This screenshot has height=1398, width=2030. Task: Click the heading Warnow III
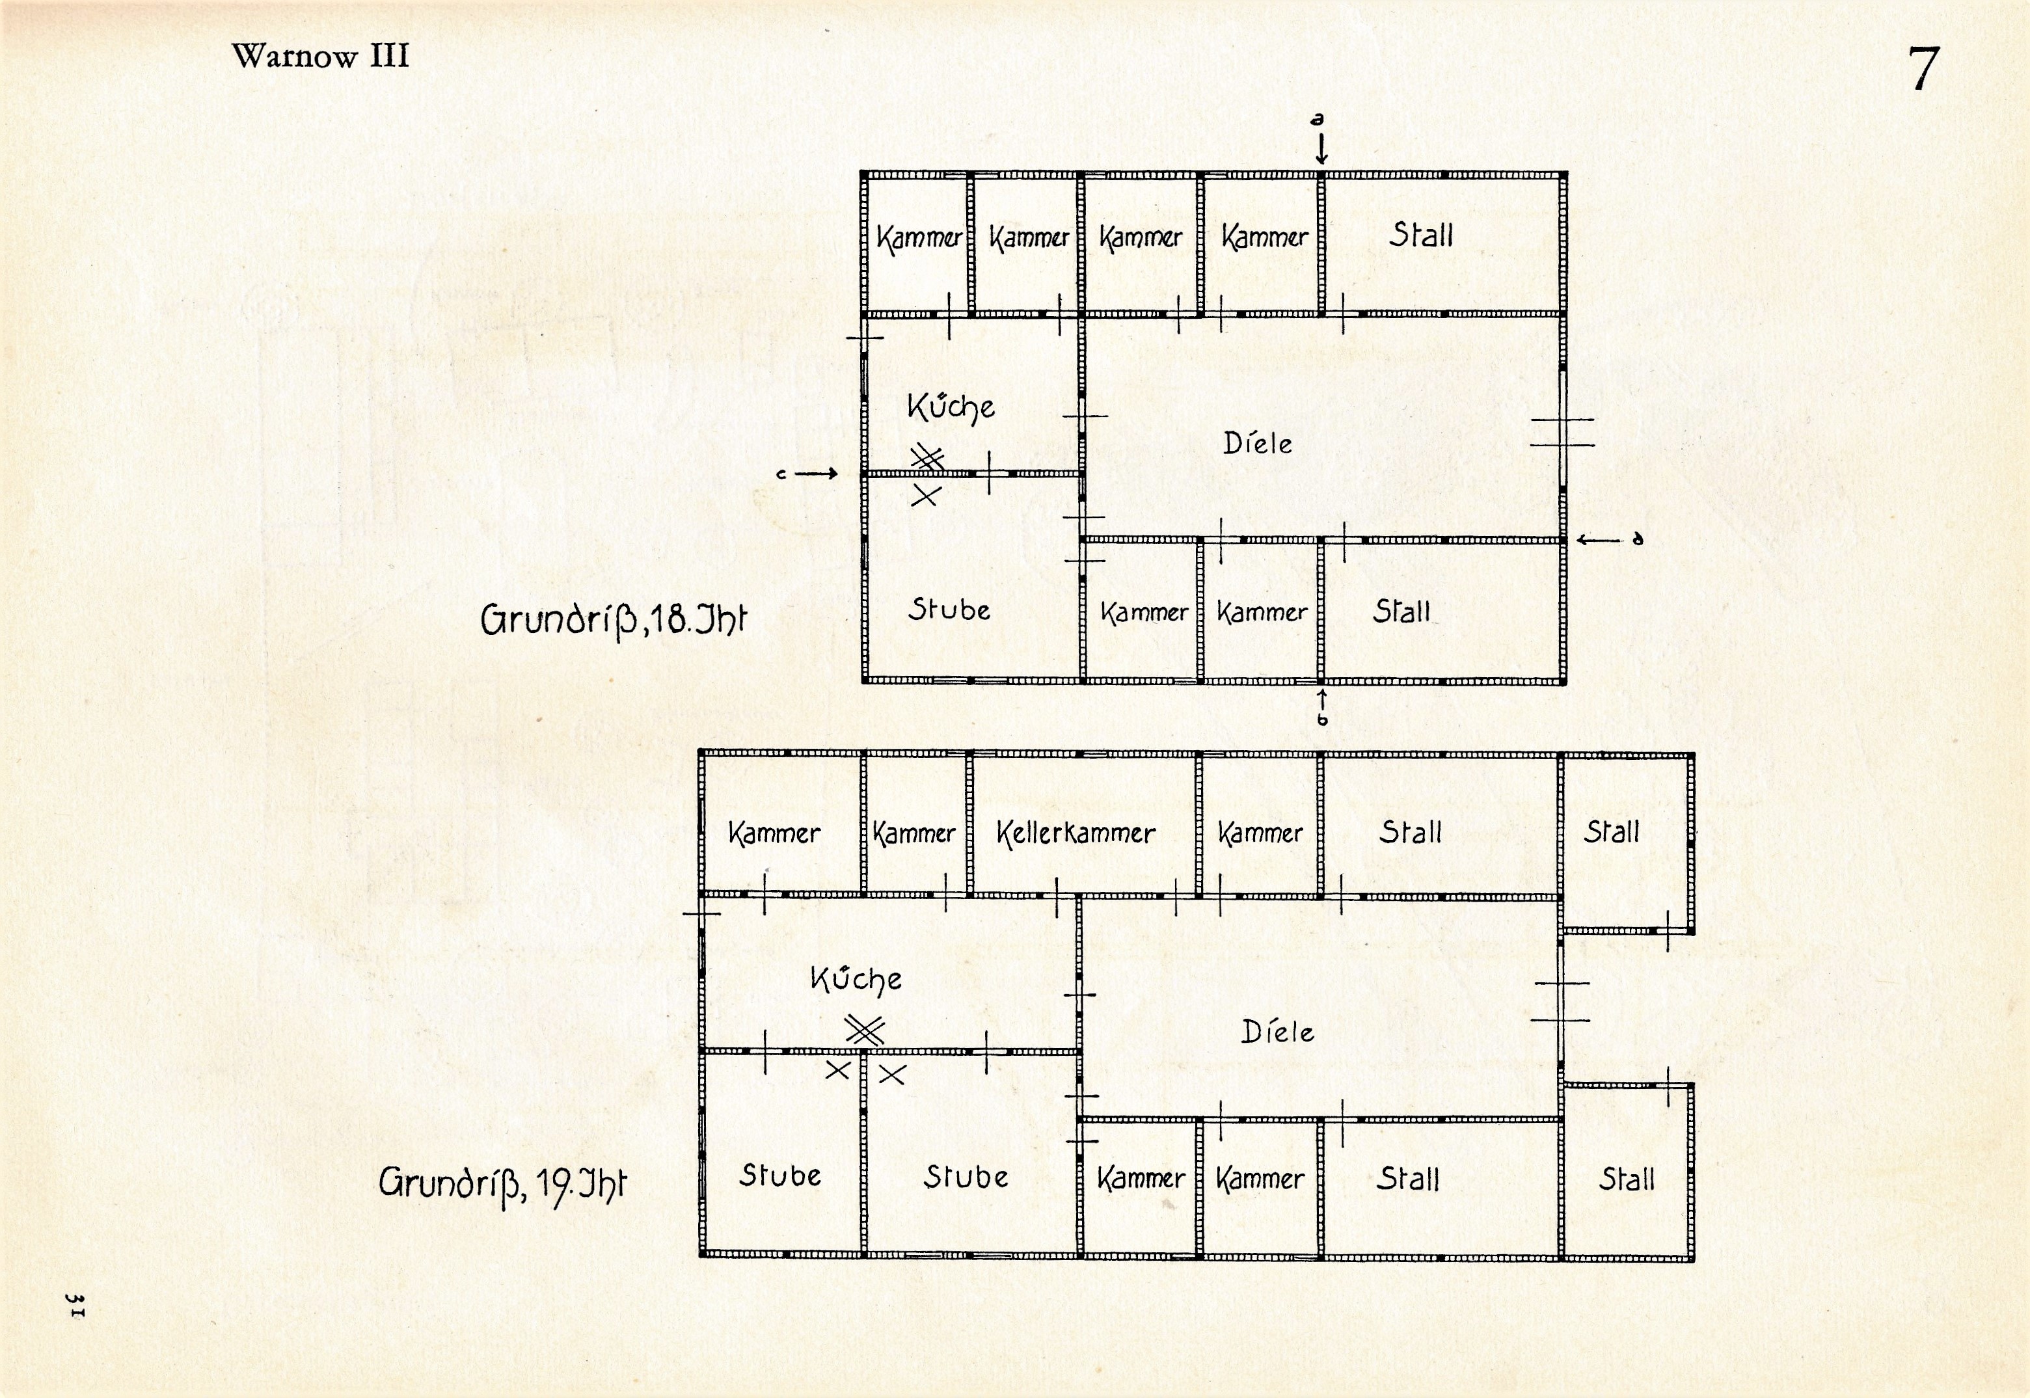click(x=321, y=56)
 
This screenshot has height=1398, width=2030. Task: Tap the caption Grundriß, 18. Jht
click(x=614, y=619)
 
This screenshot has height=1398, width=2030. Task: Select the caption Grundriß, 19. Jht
click(x=503, y=1184)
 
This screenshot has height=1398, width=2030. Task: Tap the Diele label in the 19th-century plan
click(x=1277, y=1032)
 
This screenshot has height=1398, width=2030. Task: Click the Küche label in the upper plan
click(x=951, y=407)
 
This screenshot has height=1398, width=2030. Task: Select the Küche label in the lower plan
click(x=856, y=978)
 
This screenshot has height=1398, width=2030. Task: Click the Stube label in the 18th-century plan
click(x=949, y=609)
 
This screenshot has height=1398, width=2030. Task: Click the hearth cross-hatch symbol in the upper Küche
click(x=927, y=458)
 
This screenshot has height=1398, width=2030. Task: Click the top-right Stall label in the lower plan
click(x=1611, y=831)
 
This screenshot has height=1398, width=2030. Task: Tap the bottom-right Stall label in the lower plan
click(x=1627, y=1179)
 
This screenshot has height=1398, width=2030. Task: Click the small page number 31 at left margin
click(x=75, y=1304)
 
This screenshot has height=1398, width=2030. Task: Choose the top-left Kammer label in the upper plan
click(x=919, y=237)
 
